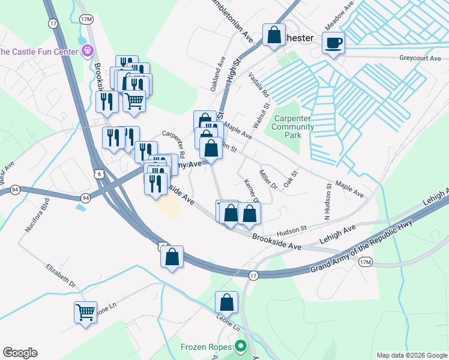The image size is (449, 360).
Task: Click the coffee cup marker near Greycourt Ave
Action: coord(333,43)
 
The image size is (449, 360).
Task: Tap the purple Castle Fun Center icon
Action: coord(88,51)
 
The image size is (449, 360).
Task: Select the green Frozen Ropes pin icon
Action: coord(241,346)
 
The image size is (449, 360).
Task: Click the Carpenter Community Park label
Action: coord(293,127)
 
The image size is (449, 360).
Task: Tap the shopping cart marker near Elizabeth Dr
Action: coord(85,312)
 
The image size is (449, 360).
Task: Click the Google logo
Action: coord(20,353)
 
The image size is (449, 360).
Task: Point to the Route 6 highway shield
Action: coord(104,173)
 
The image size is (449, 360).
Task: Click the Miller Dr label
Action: coord(268,179)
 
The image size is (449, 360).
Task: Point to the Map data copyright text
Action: coord(411,355)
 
